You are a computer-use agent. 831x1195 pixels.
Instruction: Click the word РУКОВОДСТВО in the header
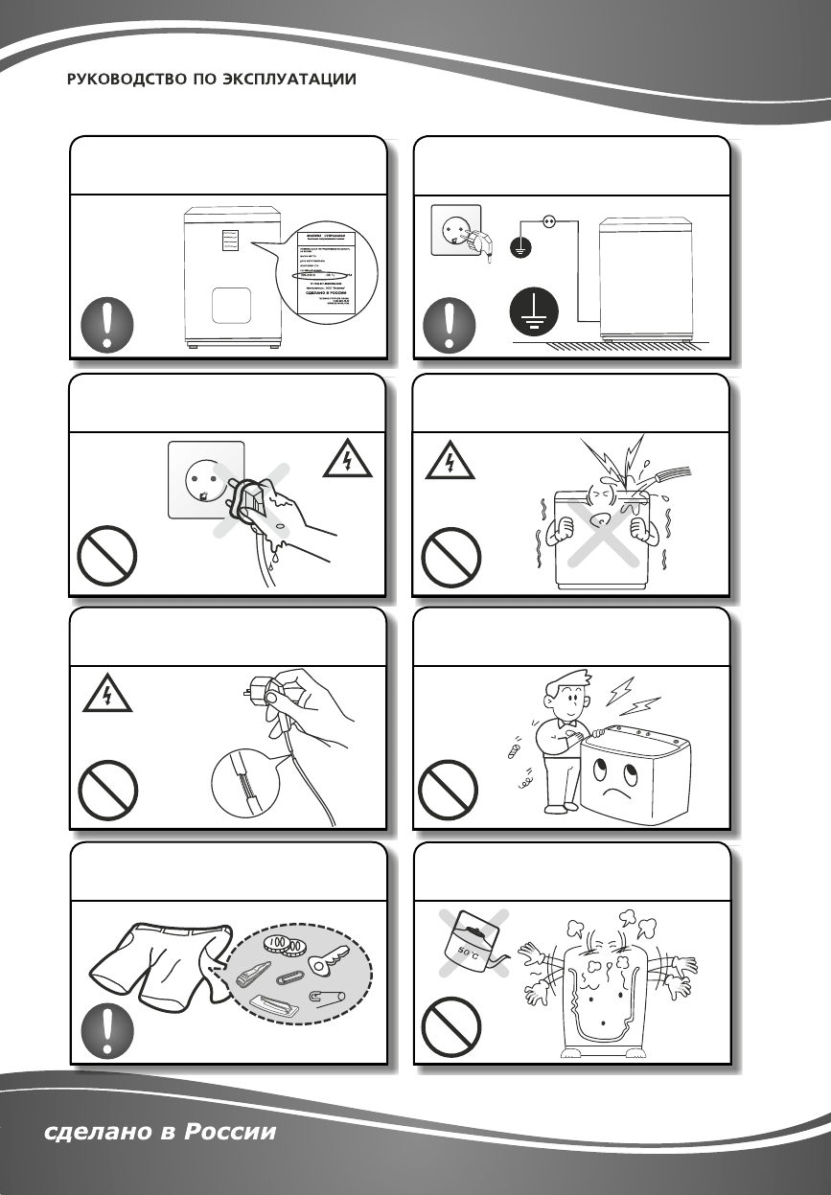pyautogui.click(x=121, y=80)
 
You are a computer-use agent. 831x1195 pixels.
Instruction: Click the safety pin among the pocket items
pyautogui.click(x=332, y=997)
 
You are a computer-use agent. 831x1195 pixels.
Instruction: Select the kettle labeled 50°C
pyautogui.click(x=470, y=943)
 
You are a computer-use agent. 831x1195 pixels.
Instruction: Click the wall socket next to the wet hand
pyautogui.click(x=205, y=478)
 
